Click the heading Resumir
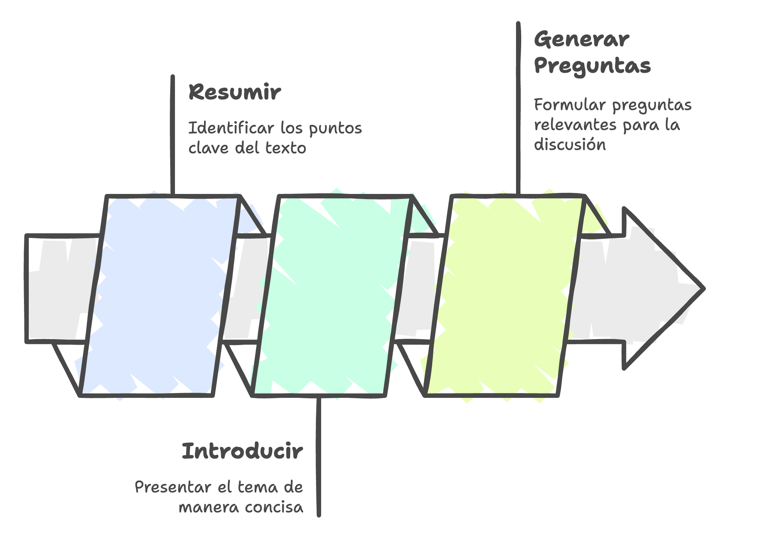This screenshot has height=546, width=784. pyautogui.click(x=235, y=92)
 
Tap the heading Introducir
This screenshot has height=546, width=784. pyautogui.click(x=243, y=451)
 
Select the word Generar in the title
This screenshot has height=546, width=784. pyautogui.click(x=582, y=40)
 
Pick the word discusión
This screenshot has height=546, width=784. pyautogui.click(x=570, y=144)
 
